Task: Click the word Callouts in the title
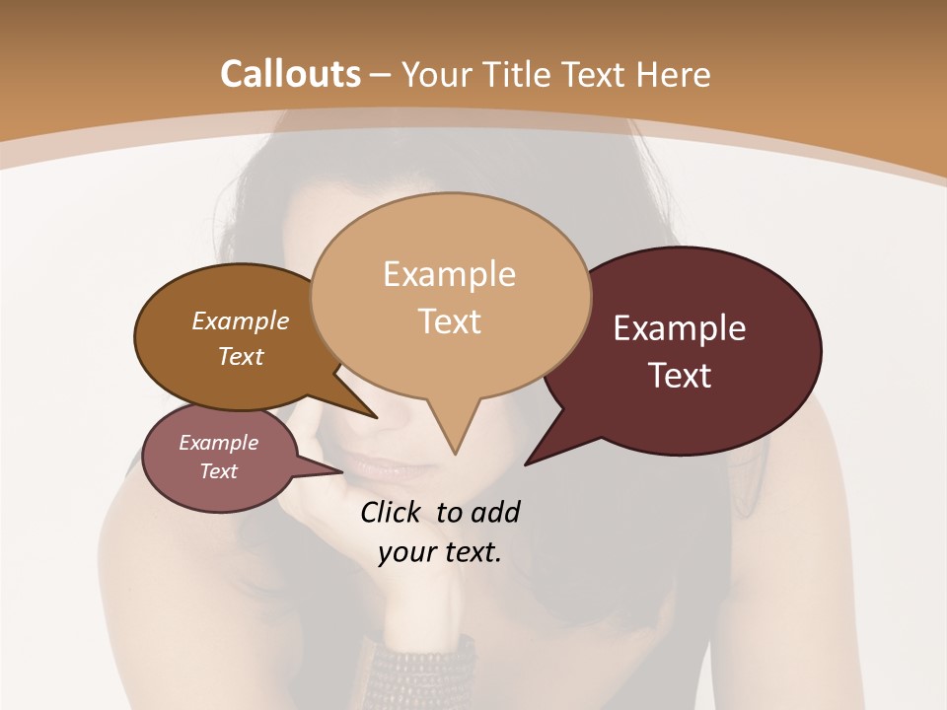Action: (x=290, y=74)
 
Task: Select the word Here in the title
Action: (x=674, y=74)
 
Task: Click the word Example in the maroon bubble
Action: (x=680, y=328)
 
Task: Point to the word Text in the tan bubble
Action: (x=450, y=321)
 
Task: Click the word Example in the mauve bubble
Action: (x=218, y=443)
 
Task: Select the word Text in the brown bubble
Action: (x=241, y=356)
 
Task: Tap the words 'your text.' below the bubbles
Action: (x=440, y=552)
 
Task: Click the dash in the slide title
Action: (x=381, y=75)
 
